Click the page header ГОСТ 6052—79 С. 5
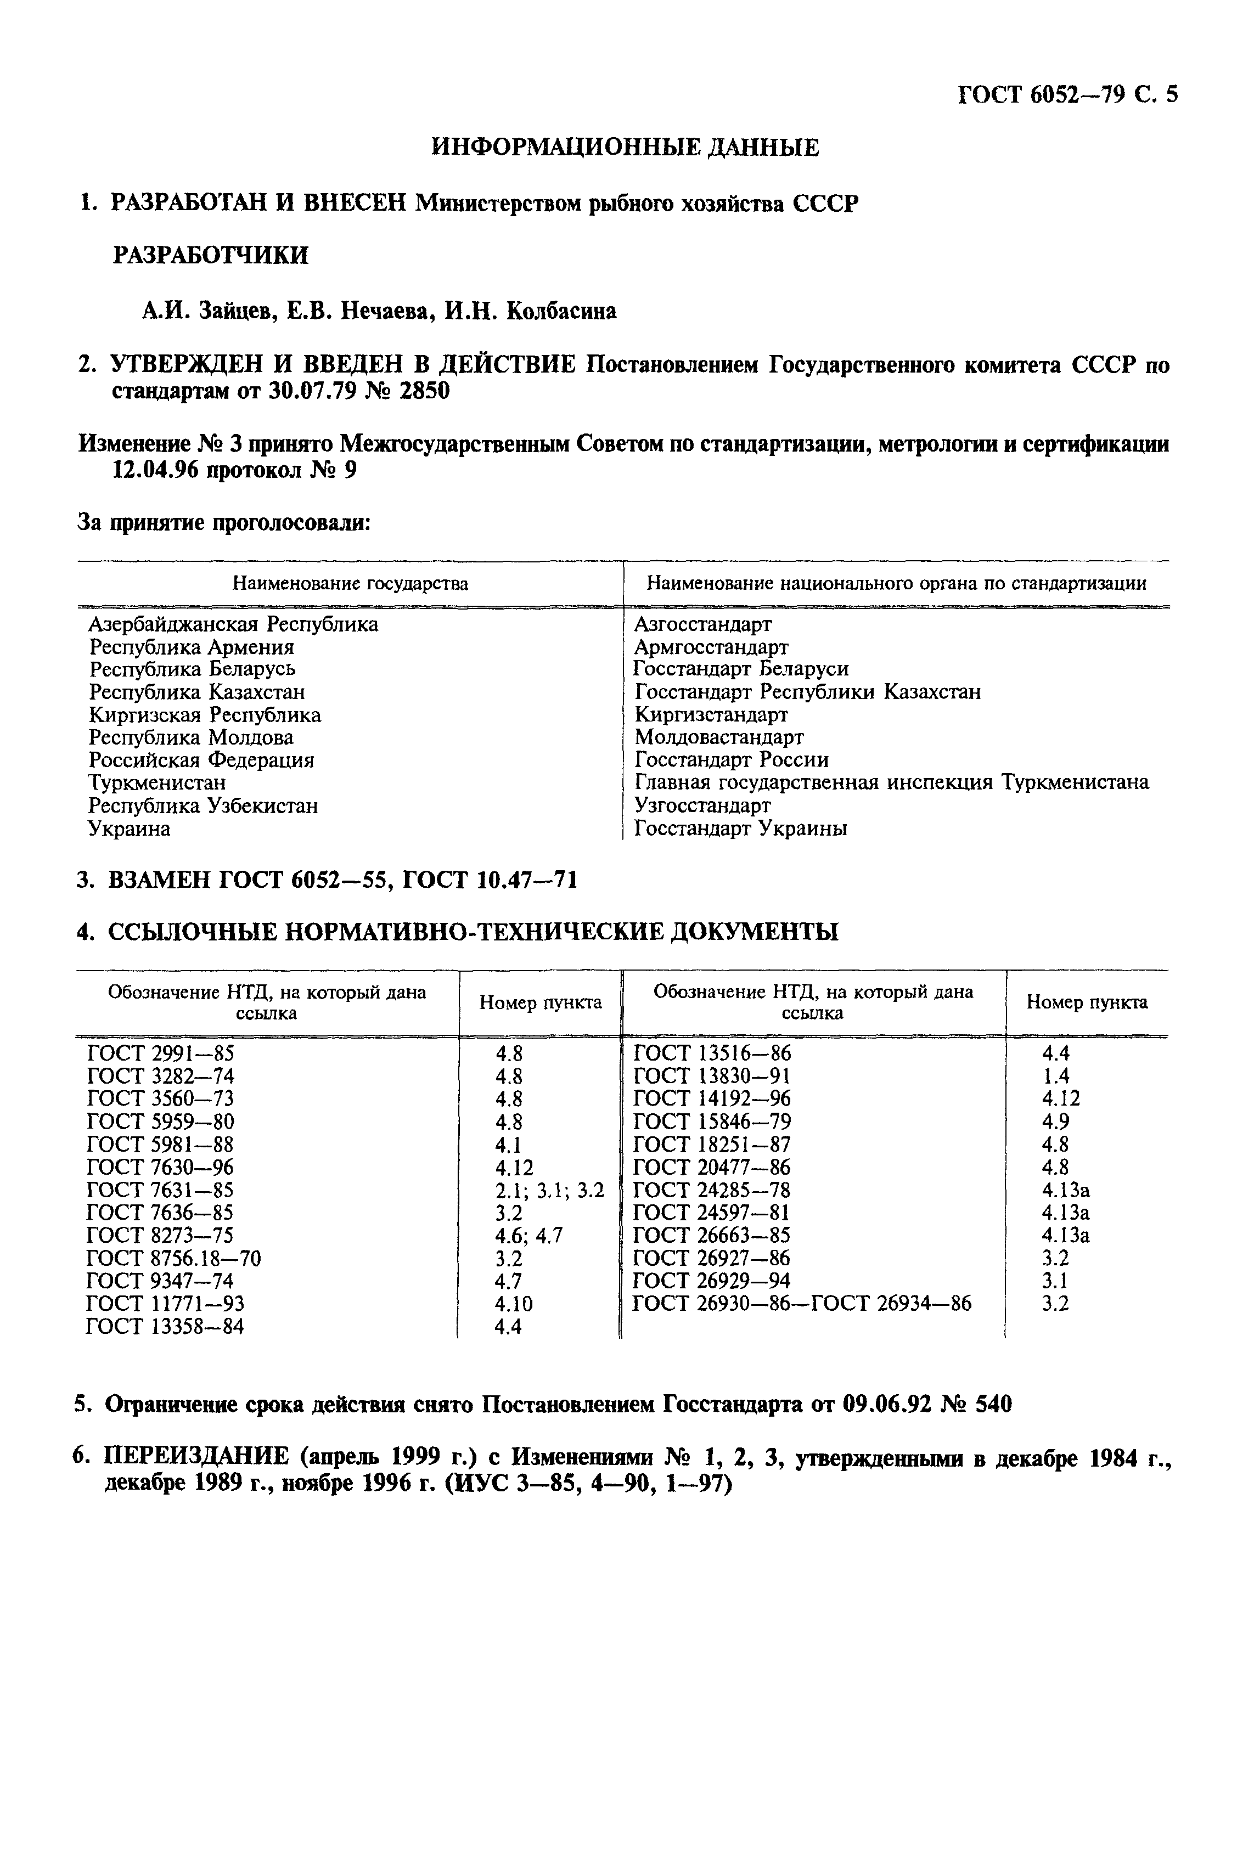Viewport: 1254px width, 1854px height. pos(1066,95)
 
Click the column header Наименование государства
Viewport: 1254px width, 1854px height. pos(350,583)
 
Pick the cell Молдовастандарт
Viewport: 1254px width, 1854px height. pos(719,736)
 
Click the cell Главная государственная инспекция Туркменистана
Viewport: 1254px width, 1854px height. pos(891,782)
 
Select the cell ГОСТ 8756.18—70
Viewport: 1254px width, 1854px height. pos(173,1259)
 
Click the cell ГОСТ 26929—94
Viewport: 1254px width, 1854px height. pos(712,1281)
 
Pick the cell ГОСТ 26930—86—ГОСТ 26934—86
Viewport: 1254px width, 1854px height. pos(802,1304)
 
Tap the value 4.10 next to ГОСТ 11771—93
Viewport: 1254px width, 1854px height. pos(513,1304)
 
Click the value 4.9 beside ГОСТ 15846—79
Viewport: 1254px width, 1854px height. pos(1055,1122)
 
